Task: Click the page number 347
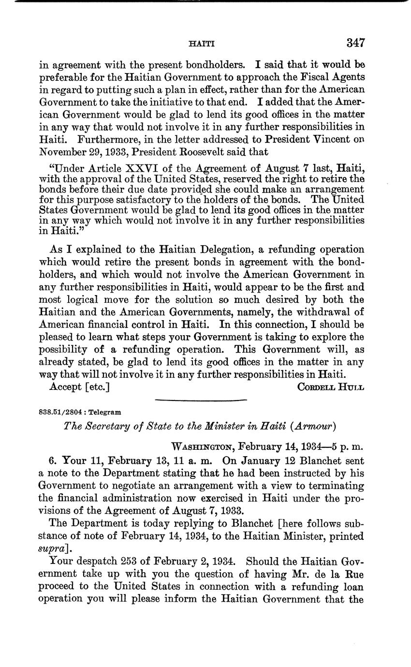coord(355,43)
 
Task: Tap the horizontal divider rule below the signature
coord(201,400)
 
